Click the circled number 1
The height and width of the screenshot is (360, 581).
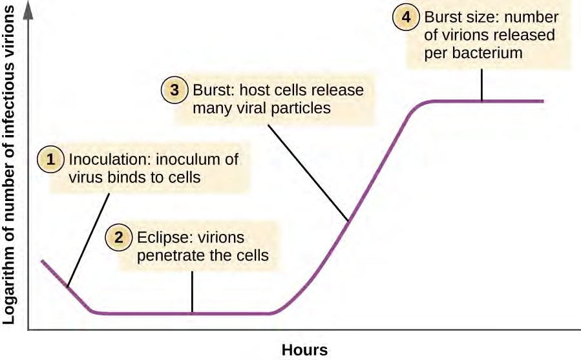pos(51,159)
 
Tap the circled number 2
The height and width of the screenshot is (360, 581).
pos(119,237)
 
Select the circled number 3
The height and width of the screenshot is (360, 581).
pos(174,90)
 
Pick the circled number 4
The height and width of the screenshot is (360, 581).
pos(406,17)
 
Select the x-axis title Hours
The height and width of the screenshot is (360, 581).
pos(304,350)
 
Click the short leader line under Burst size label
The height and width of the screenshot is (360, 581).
pos(481,85)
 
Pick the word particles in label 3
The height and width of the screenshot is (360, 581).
pos(302,108)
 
